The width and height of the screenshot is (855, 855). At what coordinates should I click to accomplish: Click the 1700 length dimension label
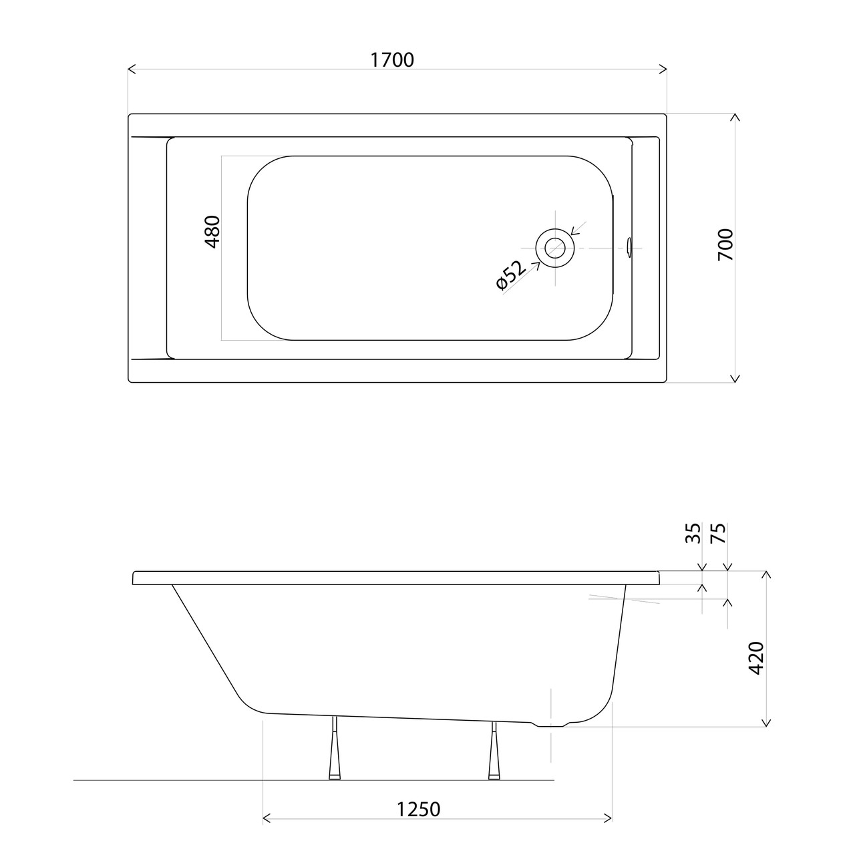click(x=392, y=60)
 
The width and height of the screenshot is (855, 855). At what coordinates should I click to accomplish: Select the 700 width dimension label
click(x=726, y=245)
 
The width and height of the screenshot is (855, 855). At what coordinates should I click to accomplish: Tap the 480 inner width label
click(x=212, y=232)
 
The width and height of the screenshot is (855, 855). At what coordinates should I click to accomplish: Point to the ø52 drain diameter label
click(x=510, y=275)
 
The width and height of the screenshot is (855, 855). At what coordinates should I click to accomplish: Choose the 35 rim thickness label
click(x=693, y=533)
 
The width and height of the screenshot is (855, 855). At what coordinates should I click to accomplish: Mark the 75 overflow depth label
click(x=719, y=533)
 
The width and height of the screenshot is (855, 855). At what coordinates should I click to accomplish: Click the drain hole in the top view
click(x=555, y=248)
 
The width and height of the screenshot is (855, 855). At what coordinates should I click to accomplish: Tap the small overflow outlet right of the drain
click(x=629, y=248)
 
